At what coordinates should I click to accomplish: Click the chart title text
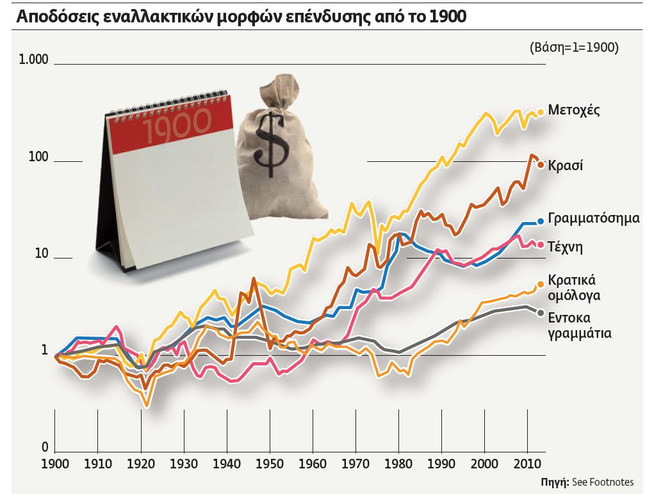pyautogui.click(x=241, y=16)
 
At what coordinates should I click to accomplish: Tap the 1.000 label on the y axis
pyautogui.click(x=33, y=60)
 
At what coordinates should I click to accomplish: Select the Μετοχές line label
pyautogui.click(x=574, y=110)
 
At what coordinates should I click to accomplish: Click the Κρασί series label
pyautogui.click(x=565, y=165)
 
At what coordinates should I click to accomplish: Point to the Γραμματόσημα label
pyautogui.click(x=594, y=218)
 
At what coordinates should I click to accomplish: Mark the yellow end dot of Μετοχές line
pyautogui.click(x=541, y=111)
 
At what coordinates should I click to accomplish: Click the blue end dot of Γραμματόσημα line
pyautogui.click(x=541, y=221)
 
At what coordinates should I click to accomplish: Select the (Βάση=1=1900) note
pyautogui.click(x=574, y=47)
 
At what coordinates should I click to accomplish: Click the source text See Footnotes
pyautogui.click(x=601, y=482)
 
